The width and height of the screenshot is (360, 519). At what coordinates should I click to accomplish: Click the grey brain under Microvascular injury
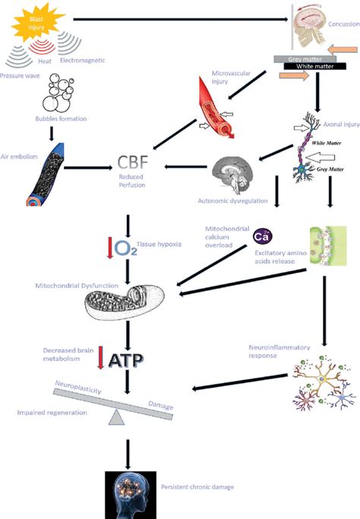point(235,175)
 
